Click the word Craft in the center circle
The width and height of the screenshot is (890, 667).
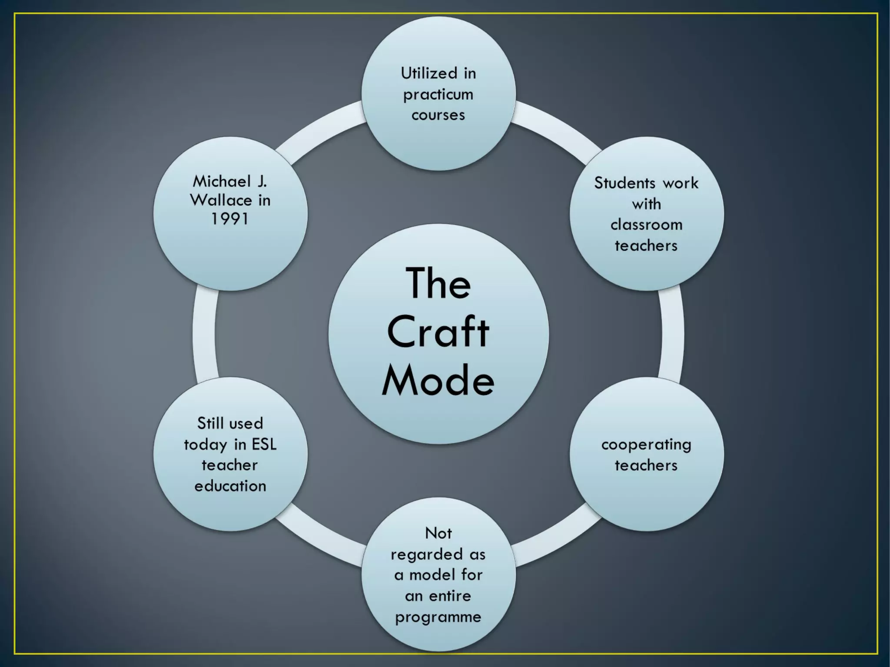pos(438,332)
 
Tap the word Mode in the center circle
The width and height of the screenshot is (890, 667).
pos(438,381)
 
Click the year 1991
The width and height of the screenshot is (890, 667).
pos(230,219)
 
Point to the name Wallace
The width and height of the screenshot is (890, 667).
pos(221,200)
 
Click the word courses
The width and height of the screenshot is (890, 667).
pos(438,115)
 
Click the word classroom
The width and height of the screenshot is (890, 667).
pos(646,225)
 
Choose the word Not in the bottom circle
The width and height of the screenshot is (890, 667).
pos(438,533)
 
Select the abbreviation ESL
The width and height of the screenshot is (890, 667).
pos(264,445)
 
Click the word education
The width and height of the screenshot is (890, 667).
pos(230,486)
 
